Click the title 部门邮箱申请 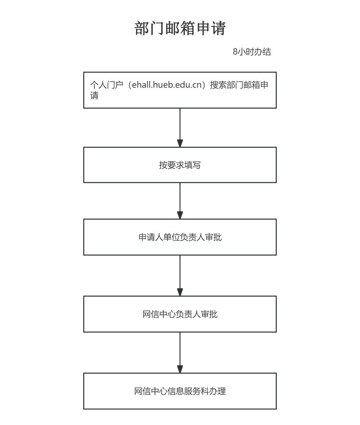pos(180,28)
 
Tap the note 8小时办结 pos(252,52)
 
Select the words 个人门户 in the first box pos(107,85)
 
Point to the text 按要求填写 pos(180,165)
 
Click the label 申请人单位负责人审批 pos(180,237)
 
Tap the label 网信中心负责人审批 pos(180,314)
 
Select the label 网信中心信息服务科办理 pos(180,391)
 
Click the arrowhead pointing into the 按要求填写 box pos(180,143)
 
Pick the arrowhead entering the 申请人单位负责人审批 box pos(180,215)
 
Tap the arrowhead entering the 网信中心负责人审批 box pos(180,292)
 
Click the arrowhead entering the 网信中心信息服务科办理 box pos(180,369)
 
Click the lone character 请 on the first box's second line pos(94,95)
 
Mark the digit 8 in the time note pos(235,52)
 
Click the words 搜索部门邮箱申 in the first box pos(239,85)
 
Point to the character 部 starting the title pos(142,28)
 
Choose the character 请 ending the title pos(218,28)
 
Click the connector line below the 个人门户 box pos(180,124)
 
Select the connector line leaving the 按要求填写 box pos(180,197)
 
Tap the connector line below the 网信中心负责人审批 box pos(180,349)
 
